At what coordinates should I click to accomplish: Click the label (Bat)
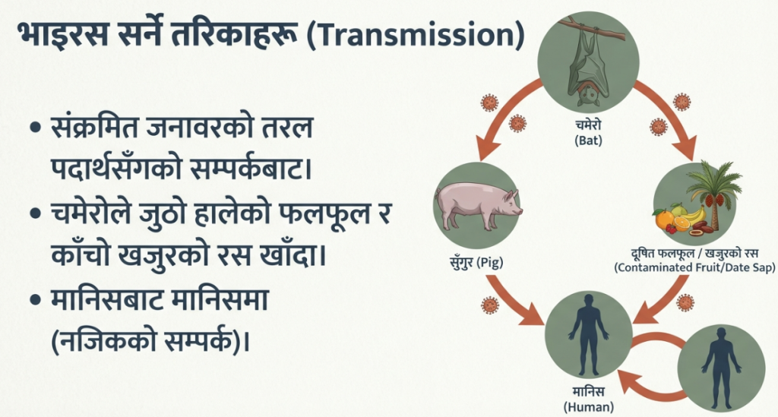(589, 141)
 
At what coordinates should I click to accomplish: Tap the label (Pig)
(489, 262)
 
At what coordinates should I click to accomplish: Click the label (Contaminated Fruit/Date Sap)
(694, 268)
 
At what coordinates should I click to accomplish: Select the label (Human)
(589, 408)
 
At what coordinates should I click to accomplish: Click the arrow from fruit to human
(663, 299)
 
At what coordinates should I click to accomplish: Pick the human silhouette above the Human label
(588, 335)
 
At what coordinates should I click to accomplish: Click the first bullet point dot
(35, 128)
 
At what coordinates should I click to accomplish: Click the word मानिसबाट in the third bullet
(107, 301)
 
